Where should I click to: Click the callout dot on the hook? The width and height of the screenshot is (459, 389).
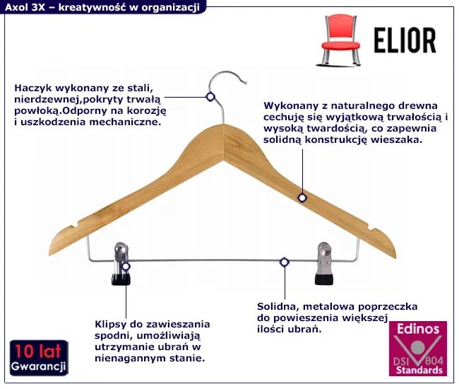pyautogui.click(x=210, y=97)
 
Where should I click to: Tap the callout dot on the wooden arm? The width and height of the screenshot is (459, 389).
pyautogui.click(x=302, y=198)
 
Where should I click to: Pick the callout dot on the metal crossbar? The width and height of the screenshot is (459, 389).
pyautogui.click(x=284, y=262)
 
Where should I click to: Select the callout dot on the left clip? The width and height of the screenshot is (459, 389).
pyautogui.click(x=126, y=267)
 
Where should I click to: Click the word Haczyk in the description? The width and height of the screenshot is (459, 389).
pyautogui.click(x=31, y=88)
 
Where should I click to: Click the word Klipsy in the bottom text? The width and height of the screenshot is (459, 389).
pyautogui.click(x=110, y=324)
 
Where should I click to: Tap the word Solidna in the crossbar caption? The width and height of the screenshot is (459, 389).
pyautogui.click(x=277, y=307)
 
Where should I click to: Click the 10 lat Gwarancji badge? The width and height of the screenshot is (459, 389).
pyautogui.click(x=38, y=358)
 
